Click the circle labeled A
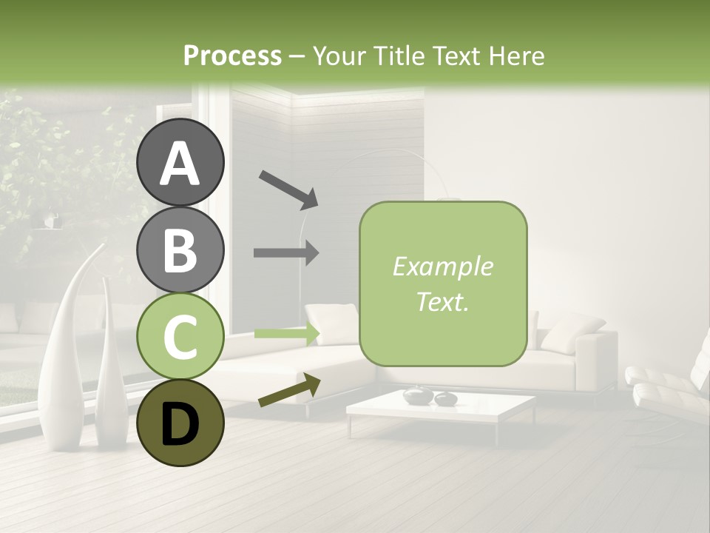coord(180,163)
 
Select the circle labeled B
coord(180,249)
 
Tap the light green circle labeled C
coord(180,337)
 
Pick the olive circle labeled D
coord(180,423)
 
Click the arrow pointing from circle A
coord(288,188)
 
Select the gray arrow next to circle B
coord(286,252)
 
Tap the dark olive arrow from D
coord(289,391)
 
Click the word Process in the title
coord(232,56)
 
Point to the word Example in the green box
coord(442,266)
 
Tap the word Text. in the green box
coord(442,301)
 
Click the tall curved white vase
coord(63,355)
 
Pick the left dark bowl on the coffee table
coord(418,395)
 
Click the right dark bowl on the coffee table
coord(446,399)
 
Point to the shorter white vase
coord(111,370)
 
